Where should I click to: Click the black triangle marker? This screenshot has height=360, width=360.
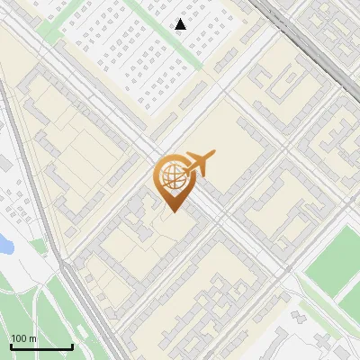point(181,24)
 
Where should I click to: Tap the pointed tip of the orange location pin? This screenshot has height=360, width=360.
point(171,211)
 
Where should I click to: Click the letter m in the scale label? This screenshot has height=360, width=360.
point(33,338)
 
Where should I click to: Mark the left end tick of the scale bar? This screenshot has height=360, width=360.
point(10,346)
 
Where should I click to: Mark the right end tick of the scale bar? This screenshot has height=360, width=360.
point(72,346)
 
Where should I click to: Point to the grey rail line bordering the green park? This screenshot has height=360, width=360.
point(90,306)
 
